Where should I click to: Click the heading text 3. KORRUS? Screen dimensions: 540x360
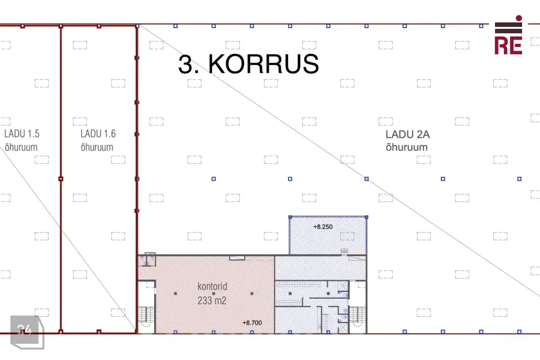[248, 64]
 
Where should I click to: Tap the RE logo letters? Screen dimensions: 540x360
[508, 46]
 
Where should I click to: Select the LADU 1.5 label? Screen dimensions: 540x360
[22, 134]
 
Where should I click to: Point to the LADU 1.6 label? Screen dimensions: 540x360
[98, 134]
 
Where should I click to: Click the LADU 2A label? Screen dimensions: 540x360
[407, 134]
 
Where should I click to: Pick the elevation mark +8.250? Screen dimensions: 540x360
[323, 227]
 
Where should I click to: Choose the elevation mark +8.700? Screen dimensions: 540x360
[252, 323]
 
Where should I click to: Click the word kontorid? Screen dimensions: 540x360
[212, 286]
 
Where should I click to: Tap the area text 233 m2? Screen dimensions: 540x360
[212, 300]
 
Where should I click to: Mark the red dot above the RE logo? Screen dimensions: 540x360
[519, 18]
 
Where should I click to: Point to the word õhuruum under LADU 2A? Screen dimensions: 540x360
[407, 147]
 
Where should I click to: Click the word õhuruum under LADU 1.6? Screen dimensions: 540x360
[97, 147]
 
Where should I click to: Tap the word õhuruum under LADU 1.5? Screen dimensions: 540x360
[21, 147]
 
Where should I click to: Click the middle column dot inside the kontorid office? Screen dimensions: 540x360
[214, 294]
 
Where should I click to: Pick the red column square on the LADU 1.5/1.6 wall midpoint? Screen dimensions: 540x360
[61, 179]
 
